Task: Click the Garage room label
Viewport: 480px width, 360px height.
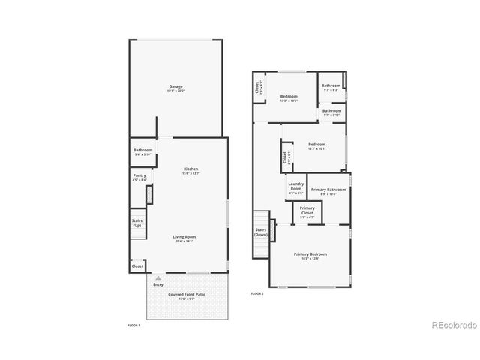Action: (x=175, y=86)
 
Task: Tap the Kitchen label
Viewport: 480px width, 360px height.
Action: (x=191, y=169)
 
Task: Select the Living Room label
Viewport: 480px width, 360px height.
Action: (x=184, y=237)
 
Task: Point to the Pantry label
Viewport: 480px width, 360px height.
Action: (x=139, y=175)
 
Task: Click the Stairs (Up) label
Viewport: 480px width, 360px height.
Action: (x=137, y=223)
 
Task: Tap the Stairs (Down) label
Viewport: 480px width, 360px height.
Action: (x=261, y=232)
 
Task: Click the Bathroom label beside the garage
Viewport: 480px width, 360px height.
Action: (x=143, y=151)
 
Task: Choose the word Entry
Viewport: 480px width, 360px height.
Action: (x=158, y=284)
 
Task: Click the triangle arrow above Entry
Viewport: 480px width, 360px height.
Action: (x=158, y=277)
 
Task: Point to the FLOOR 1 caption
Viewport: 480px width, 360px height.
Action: (x=134, y=325)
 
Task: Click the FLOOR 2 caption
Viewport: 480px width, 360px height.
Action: (x=257, y=292)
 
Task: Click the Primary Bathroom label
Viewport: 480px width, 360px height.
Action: (x=328, y=190)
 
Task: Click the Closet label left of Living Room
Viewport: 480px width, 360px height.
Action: (x=137, y=265)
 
